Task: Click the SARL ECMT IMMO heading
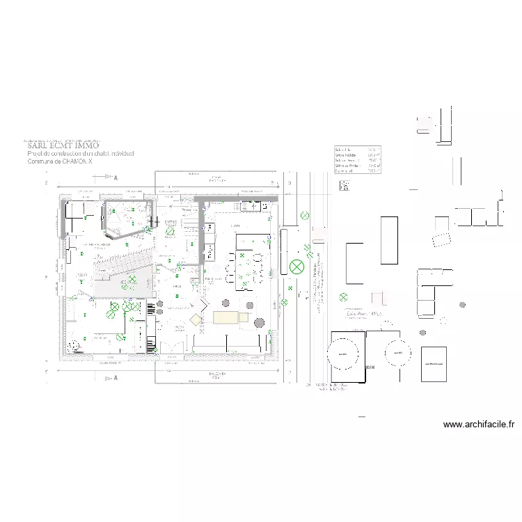point(63,146)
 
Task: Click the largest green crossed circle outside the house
point(297,266)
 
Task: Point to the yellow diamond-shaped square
point(196,319)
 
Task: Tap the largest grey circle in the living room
point(226,303)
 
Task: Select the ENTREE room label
point(171,223)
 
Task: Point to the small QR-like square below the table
point(344,185)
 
